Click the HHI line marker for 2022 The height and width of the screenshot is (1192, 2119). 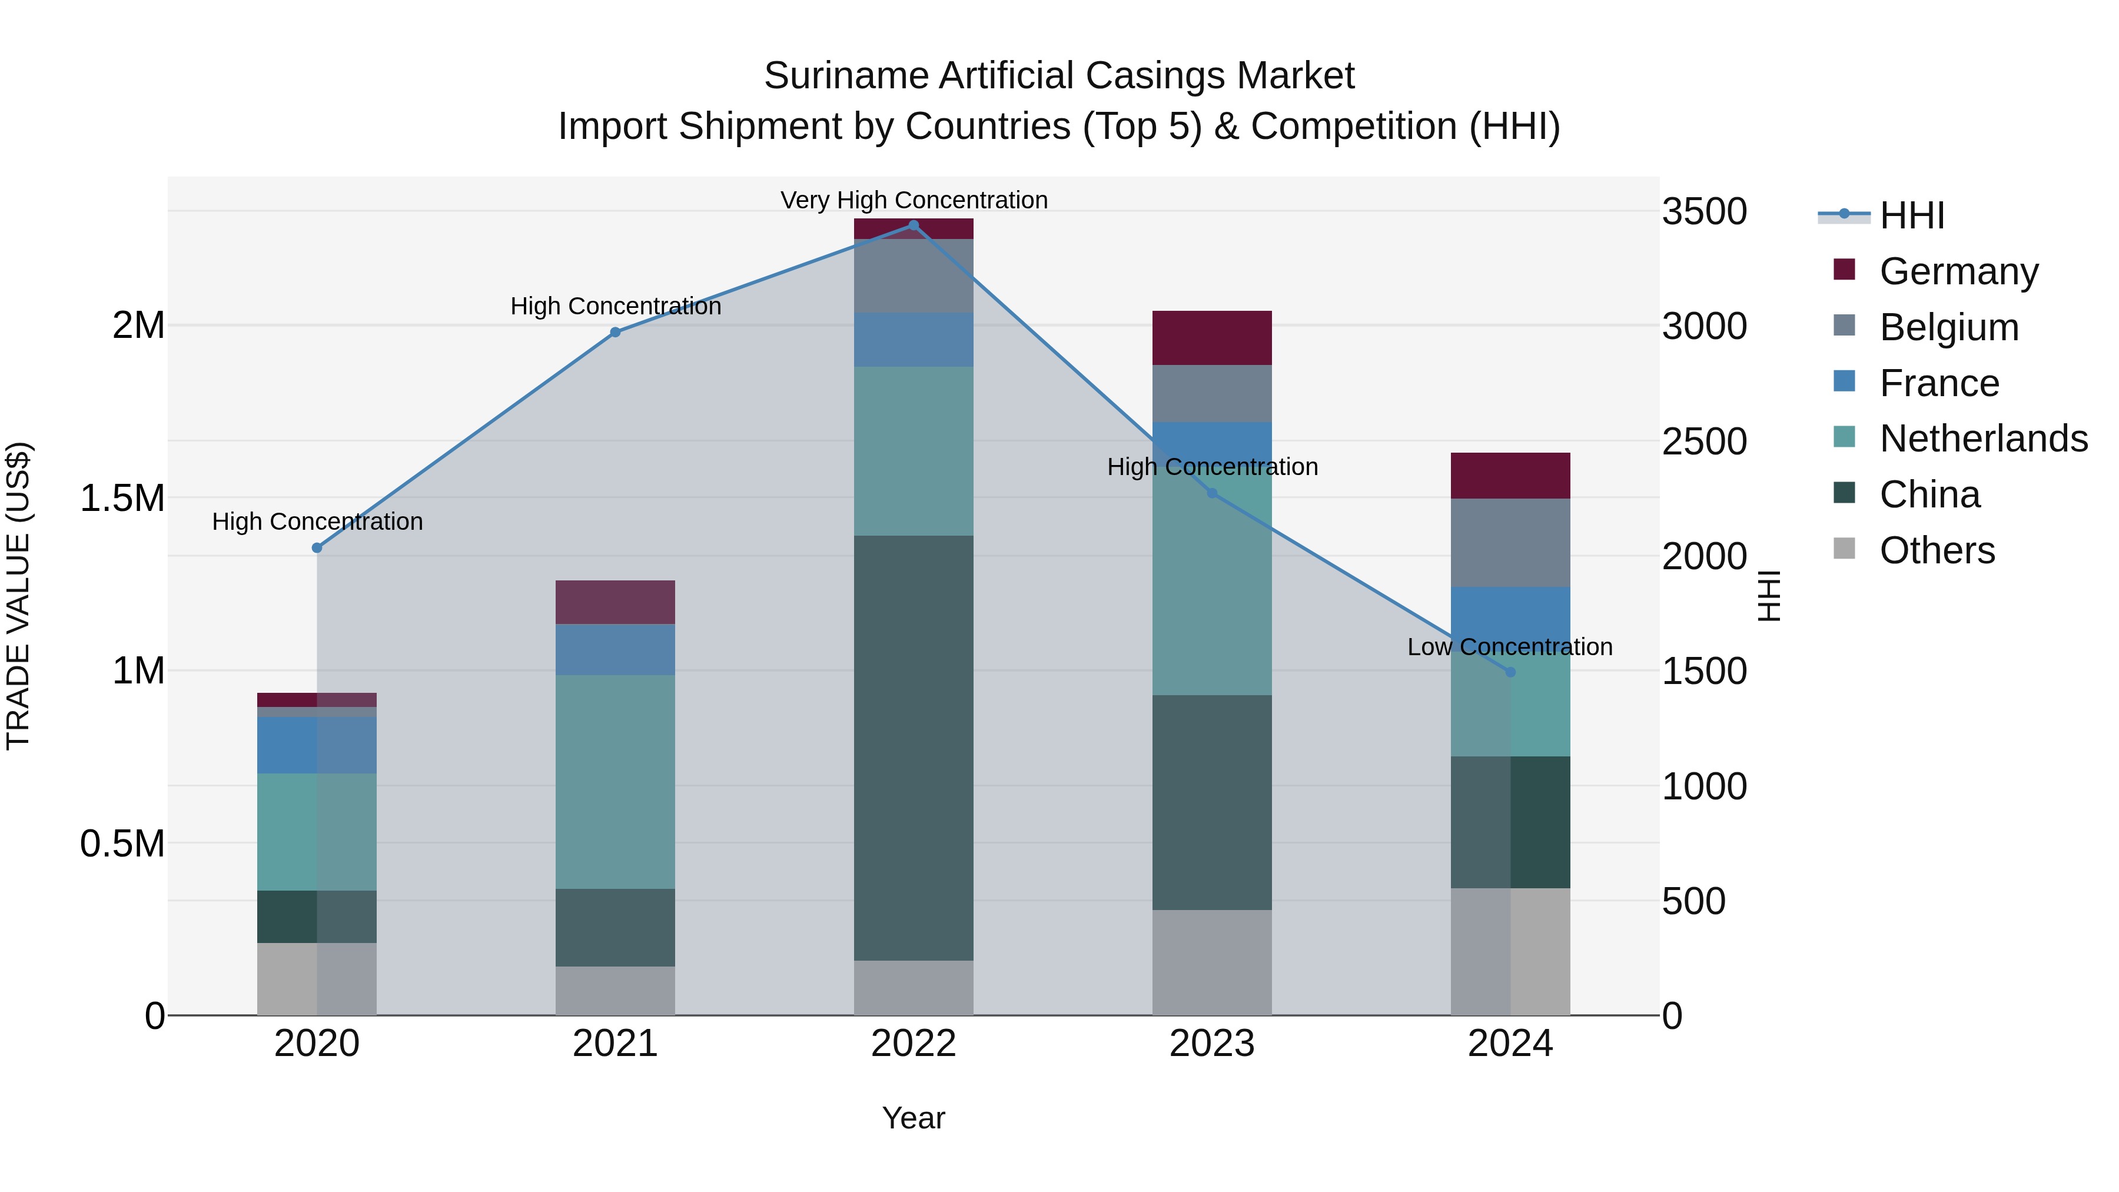point(913,225)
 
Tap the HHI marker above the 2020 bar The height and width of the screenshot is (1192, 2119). point(317,548)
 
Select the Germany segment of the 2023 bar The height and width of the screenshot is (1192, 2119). point(1212,338)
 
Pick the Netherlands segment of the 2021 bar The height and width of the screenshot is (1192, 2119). point(615,782)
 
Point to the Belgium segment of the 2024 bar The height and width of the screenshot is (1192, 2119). point(1510,543)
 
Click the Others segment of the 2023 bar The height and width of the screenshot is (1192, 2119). point(1212,962)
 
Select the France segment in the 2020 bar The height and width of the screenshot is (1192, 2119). point(317,745)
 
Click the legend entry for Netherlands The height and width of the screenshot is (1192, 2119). point(1983,439)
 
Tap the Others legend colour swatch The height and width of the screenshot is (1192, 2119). point(1844,549)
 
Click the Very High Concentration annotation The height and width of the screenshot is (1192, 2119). point(913,200)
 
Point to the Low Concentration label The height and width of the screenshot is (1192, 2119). point(1509,648)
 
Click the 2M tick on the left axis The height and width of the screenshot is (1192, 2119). point(138,326)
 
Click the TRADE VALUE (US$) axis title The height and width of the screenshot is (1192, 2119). point(18,596)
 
